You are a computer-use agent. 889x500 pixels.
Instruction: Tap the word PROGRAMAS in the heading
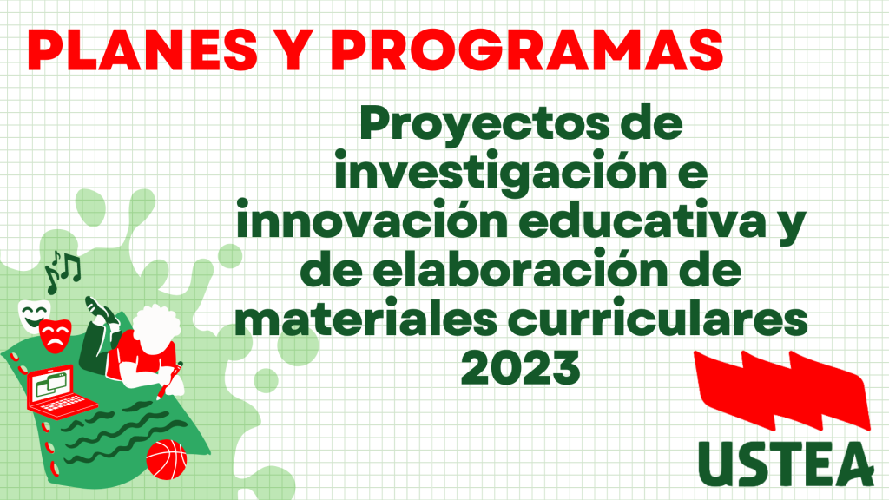tap(527, 49)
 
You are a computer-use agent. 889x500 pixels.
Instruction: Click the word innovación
tap(372, 221)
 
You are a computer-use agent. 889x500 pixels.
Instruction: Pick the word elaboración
tap(520, 270)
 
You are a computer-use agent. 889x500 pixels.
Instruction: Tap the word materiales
tap(366, 319)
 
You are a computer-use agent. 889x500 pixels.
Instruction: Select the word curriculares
tap(658, 319)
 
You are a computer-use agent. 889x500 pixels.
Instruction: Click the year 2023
tap(521, 368)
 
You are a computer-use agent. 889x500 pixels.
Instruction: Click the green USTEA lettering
tap(786, 464)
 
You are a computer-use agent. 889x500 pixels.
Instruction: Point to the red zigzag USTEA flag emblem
tap(782, 390)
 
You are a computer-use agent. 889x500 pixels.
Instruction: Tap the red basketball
tap(166, 459)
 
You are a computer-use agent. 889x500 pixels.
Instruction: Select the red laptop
tap(60, 391)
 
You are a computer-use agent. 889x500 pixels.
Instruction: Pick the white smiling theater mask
tap(33, 315)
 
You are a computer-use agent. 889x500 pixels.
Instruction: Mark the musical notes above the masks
tap(63, 271)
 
